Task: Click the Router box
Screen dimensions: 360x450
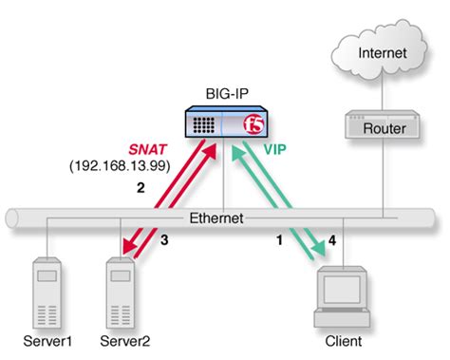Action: pos(382,128)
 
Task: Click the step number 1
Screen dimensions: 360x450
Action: pos(278,241)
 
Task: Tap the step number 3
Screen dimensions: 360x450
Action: pos(164,241)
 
